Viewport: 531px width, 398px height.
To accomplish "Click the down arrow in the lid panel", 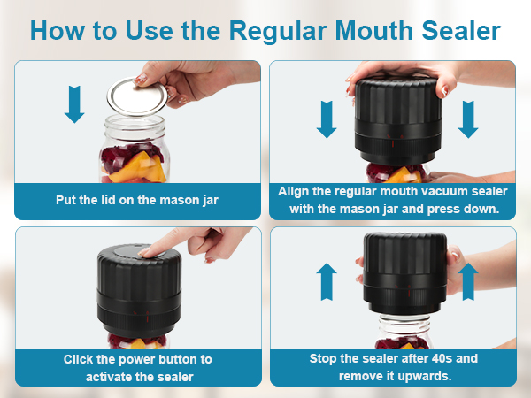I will click(75, 104).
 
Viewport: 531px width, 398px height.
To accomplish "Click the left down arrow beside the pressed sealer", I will click(327, 118).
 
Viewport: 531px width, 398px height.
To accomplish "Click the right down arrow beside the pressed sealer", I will click(468, 118).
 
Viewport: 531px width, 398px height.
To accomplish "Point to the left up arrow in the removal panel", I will click(327, 280).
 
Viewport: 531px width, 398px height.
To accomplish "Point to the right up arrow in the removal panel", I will click(468, 280).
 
